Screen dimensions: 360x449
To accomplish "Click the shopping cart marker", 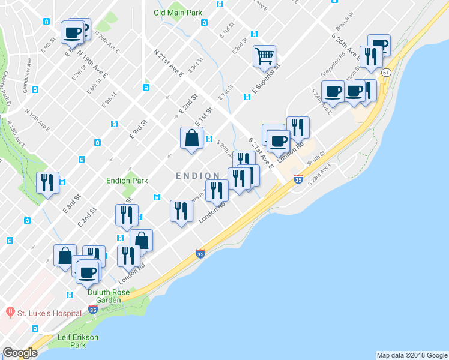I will click(264, 57).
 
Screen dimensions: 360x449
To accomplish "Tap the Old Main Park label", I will click(178, 12).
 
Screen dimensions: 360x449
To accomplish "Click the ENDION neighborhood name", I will click(197, 175).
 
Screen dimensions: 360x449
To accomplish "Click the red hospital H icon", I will click(10, 313).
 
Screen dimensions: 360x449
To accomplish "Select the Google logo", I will click(20, 353).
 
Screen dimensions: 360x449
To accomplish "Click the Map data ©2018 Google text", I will click(411, 355).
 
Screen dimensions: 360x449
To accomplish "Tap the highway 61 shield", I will click(386, 72).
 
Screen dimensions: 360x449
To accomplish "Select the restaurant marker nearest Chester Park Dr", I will click(47, 182).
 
